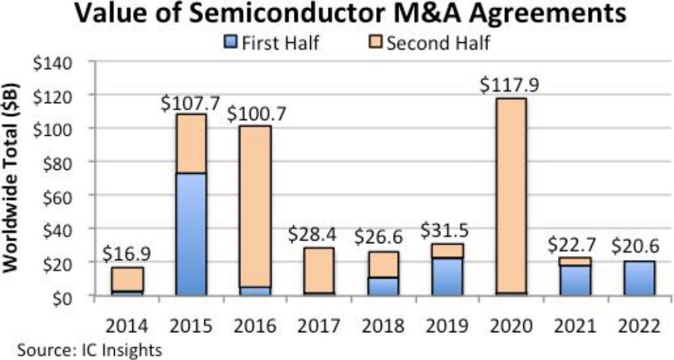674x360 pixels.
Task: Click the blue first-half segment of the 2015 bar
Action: click(x=191, y=234)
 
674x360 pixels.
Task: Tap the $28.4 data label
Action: click(x=317, y=234)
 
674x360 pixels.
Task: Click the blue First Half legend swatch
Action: click(x=228, y=45)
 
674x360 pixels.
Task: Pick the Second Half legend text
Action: click(x=438, y=44)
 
